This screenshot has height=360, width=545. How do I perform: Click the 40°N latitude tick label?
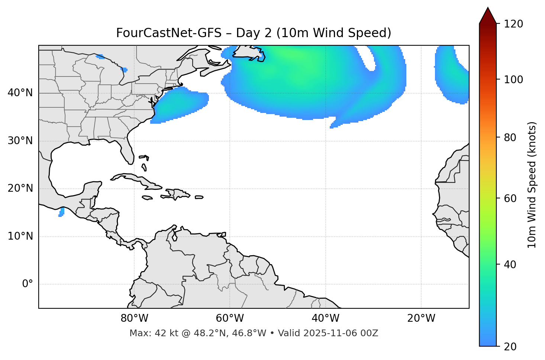pos(20,93)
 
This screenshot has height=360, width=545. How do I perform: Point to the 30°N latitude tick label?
pos(20,141)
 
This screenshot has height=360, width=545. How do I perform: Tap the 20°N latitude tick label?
pos(20,188)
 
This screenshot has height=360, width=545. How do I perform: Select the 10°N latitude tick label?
pos(20,236)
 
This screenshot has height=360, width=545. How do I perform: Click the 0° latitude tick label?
pos(28,284)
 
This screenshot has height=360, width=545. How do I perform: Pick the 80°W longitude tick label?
pos(134,318)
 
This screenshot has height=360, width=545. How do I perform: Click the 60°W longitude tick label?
pos(230,318)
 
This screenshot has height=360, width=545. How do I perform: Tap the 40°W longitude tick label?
pos(325,318)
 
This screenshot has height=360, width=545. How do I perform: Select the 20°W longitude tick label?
pos(421,318)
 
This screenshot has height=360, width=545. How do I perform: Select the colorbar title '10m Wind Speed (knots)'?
pos(532,185)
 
